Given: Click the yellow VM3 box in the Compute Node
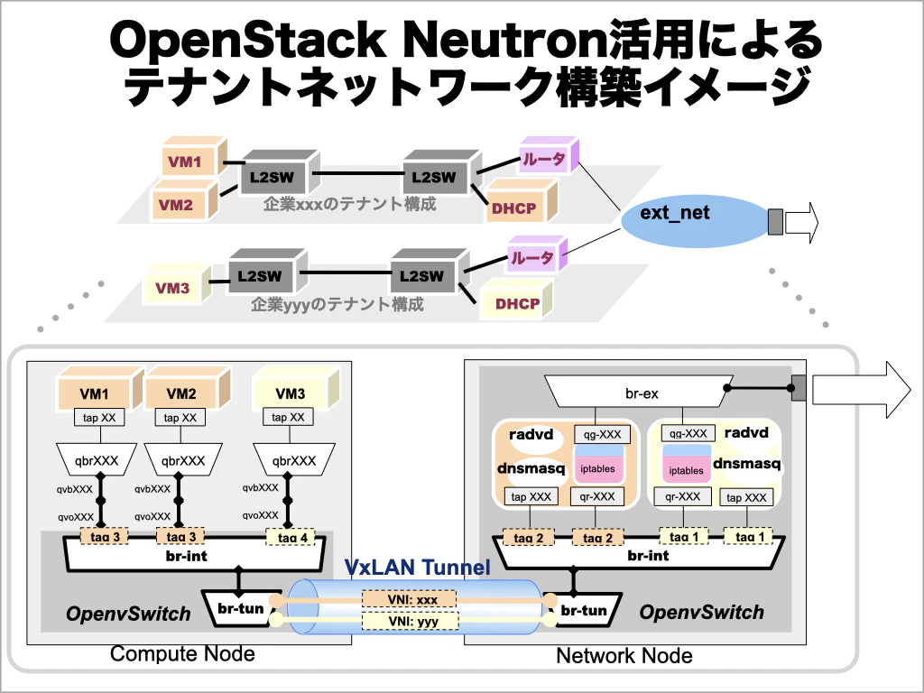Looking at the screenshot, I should [291, 393].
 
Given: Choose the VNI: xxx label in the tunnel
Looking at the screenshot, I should [409, 600].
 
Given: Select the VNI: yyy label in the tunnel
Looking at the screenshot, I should [409, 621].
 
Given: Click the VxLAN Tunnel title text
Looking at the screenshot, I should [417, 568].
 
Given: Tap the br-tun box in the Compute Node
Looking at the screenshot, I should [240, 610].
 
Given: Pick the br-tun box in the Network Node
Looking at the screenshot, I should [583, 611].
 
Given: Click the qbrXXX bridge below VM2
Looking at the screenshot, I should [183, 460].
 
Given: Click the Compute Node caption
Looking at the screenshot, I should [182, 653].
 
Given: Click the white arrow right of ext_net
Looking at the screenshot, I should [800, 222].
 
